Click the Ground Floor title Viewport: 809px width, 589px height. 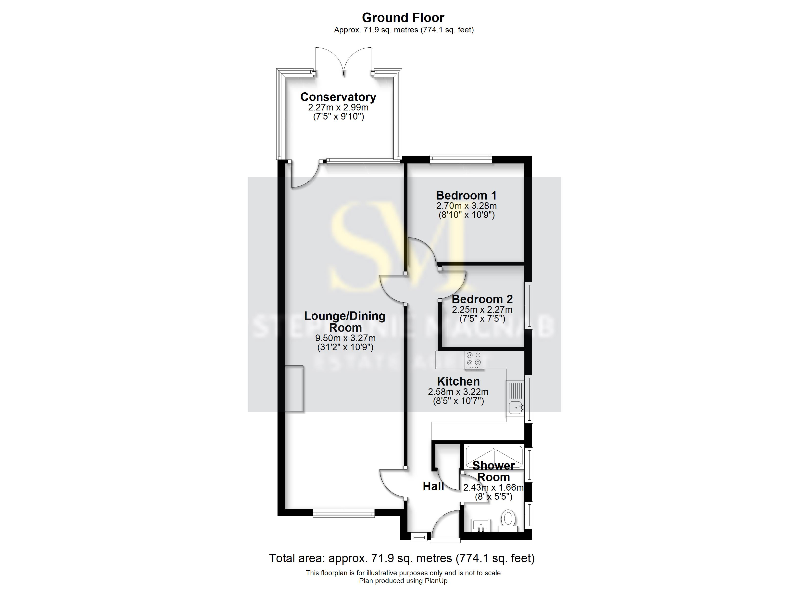pyautogui.click(x=403, y=17)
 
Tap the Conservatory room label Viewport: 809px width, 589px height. pyautogui.click(x=338, y=97)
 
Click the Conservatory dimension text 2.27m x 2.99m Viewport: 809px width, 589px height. pyautogui.click(x=338, y=107)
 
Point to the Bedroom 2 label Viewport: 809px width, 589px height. pyautogui.click(x=482, y=299)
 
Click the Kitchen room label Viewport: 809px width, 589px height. pyautogui.click(x=458, y=381)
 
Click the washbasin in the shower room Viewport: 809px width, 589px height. pyautogui.click(x=480, y=525)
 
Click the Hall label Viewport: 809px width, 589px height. pyautogui.click(x=433, y=486)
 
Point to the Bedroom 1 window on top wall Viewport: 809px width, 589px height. pyautogui.click(x=461, y=159)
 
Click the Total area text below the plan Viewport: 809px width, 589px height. pyautogui.click(x=402, y=558)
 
